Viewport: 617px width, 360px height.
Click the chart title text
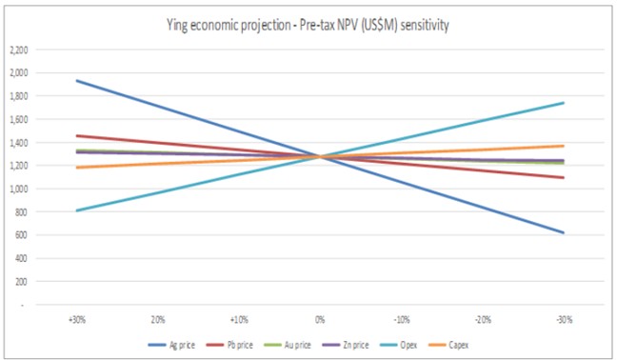click(308, 25)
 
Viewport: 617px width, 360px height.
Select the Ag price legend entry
click(171, 345)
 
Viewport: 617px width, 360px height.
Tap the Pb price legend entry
click(229, 345)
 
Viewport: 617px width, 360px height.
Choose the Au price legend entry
click(288, 345)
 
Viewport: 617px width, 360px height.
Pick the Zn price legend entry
click(346, 345)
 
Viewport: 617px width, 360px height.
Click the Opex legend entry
click(398, 345)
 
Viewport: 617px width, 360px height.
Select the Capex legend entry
click(448, 345)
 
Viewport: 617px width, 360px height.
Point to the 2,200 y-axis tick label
click(19, 50)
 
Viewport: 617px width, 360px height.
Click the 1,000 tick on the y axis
click(19, 189)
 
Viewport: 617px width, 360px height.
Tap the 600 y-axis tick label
click(21, 235)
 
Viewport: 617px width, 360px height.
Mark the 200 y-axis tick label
click(21, 282)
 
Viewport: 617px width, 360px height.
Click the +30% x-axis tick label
click(77, 319)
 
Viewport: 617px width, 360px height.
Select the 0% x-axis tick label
click(320, 319)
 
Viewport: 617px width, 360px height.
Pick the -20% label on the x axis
click(483, 319)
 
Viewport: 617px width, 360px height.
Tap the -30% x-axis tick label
click(565, 319)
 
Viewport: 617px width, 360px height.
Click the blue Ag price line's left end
click(77, 81)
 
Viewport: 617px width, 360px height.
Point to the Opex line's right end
click(564, 103)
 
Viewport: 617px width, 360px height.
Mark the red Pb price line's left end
click(77, 136)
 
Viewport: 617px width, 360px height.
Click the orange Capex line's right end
click(564, 146)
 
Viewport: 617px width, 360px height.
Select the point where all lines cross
click(320, 157)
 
